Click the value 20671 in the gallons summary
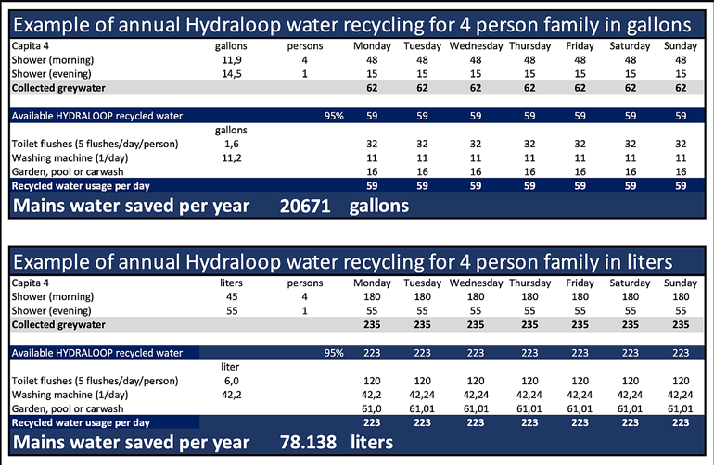click(x=305, y=206)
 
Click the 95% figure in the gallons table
click(x=333, y=116)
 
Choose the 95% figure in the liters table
click(x=333, y=352)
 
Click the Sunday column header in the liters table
click(x=680, y=281)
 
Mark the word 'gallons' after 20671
click(x=379, y=206)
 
